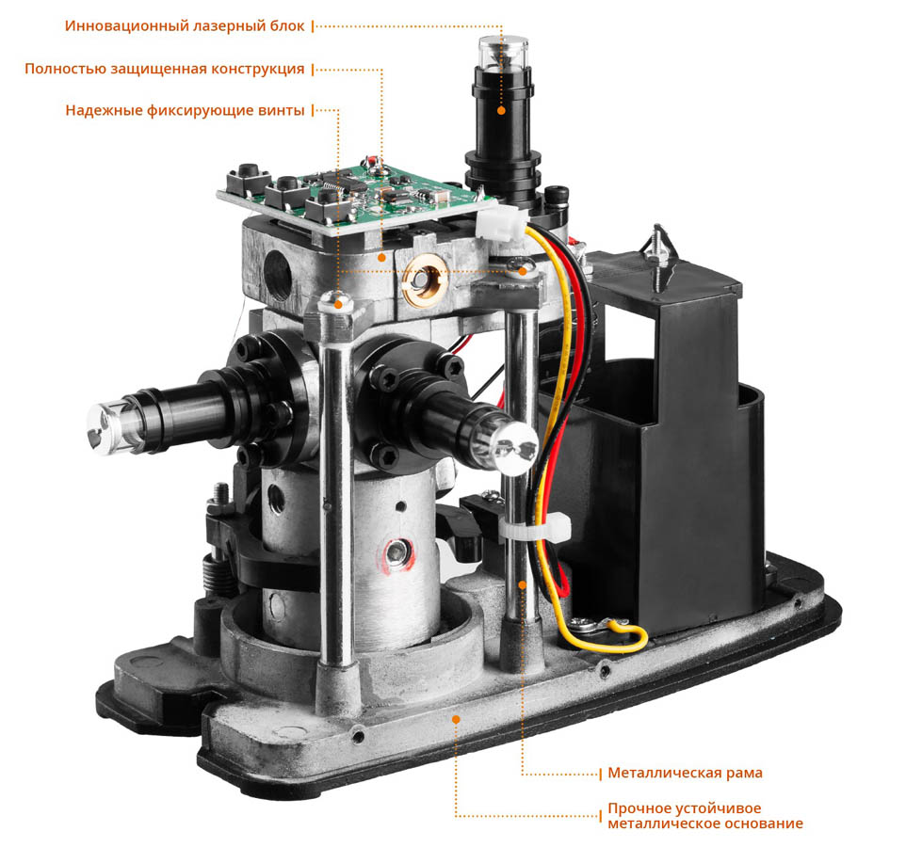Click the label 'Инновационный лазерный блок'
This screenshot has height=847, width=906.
pyautogui.click(x=185, y=26)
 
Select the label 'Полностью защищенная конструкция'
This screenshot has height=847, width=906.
pyautogui.click(x=164, y=69)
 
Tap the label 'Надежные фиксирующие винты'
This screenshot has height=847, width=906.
pyautogui.click(x=185, y=110)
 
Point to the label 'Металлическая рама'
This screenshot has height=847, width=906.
pyautogui.click(x=685, y=773)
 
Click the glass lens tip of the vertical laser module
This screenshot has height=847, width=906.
pyautogui.click(x=503, y=52)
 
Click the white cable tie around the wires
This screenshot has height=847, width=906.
pyautogui.click(x=538, y=528)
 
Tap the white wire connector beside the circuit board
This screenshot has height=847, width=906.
pyautogui.click(x=500, y=224)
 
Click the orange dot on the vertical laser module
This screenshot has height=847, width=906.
pyautogui.click(x=502, y=110)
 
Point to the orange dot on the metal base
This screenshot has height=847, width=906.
pyautogui.click(x=456, y=719)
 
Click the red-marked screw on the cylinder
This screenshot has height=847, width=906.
pyautogui.click(x=396, y=552)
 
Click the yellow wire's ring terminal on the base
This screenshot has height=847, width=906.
pyautogui.click(x=585, y=624)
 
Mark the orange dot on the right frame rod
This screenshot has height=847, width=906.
pyautogui.click(x=523, y=584)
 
